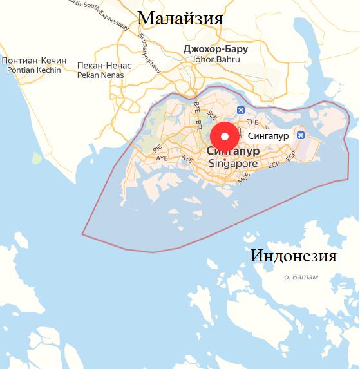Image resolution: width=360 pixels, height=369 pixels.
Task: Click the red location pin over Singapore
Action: (224, 137)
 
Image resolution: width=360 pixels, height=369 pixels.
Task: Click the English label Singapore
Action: (233, 164)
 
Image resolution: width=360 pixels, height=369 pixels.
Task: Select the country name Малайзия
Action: (180, 18)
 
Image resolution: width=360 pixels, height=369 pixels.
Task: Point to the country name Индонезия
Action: (293, 256)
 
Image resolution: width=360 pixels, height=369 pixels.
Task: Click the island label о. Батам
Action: (305, 277)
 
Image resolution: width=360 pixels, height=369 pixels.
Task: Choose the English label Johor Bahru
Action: (216, 60)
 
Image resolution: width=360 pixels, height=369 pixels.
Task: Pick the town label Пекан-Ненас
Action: (104, 66)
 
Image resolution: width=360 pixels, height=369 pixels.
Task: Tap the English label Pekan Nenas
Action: (104, 75)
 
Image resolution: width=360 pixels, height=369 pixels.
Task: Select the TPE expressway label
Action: (252, 121)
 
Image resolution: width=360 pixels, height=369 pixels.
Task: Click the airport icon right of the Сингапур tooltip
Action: (301, 135)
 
